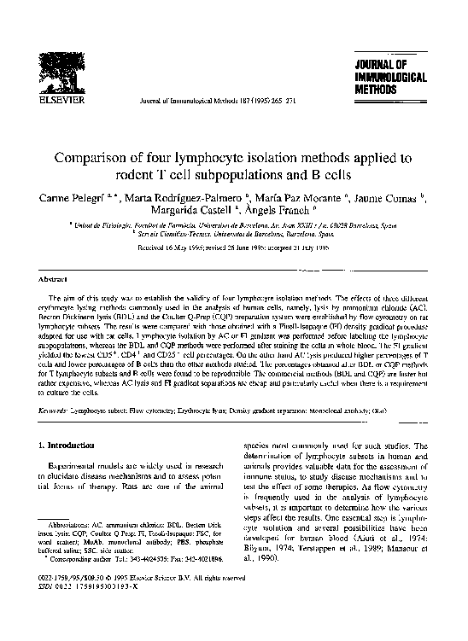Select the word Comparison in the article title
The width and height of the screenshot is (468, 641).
(93, 158)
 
